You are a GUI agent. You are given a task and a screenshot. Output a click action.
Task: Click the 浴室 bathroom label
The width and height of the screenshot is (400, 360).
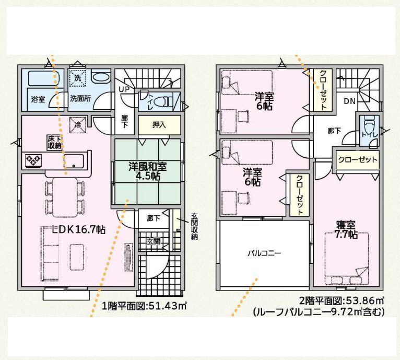(38, 99)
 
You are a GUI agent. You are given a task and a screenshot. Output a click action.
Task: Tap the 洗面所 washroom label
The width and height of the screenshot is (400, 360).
(80, 99)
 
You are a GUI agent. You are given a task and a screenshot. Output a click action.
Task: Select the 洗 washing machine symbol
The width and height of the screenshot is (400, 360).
(78, 78)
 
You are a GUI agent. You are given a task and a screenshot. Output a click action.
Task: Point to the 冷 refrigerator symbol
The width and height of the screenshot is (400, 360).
(78, 125)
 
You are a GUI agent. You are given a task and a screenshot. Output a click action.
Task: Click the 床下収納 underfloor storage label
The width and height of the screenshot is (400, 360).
(54, 142)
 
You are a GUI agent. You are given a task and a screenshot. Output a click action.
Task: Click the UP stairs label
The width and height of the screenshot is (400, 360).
(124, 89)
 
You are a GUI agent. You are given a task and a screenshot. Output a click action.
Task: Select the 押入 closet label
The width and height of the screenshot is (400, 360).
(159, 125)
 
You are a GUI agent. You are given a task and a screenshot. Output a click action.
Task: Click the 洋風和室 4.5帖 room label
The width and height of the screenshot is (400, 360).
(148, 171)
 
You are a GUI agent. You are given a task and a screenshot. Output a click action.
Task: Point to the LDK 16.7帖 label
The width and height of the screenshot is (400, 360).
(78, 230)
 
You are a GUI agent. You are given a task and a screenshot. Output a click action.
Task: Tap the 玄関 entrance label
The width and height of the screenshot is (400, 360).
(154, 241)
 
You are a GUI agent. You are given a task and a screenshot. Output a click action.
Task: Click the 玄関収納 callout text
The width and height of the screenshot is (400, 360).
(195, 226)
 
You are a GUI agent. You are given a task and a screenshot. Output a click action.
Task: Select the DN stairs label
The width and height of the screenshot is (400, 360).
(350, 101)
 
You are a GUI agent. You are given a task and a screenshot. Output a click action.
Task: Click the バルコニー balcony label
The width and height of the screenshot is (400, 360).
(265, 253)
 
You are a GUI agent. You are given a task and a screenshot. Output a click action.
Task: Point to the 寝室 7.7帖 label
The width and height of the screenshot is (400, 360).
(346, 230)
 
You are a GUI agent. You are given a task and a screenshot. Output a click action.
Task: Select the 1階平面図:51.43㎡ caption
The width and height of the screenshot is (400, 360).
(144, 306)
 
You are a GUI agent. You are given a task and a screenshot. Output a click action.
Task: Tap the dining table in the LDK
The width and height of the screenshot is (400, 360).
(65, 197)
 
